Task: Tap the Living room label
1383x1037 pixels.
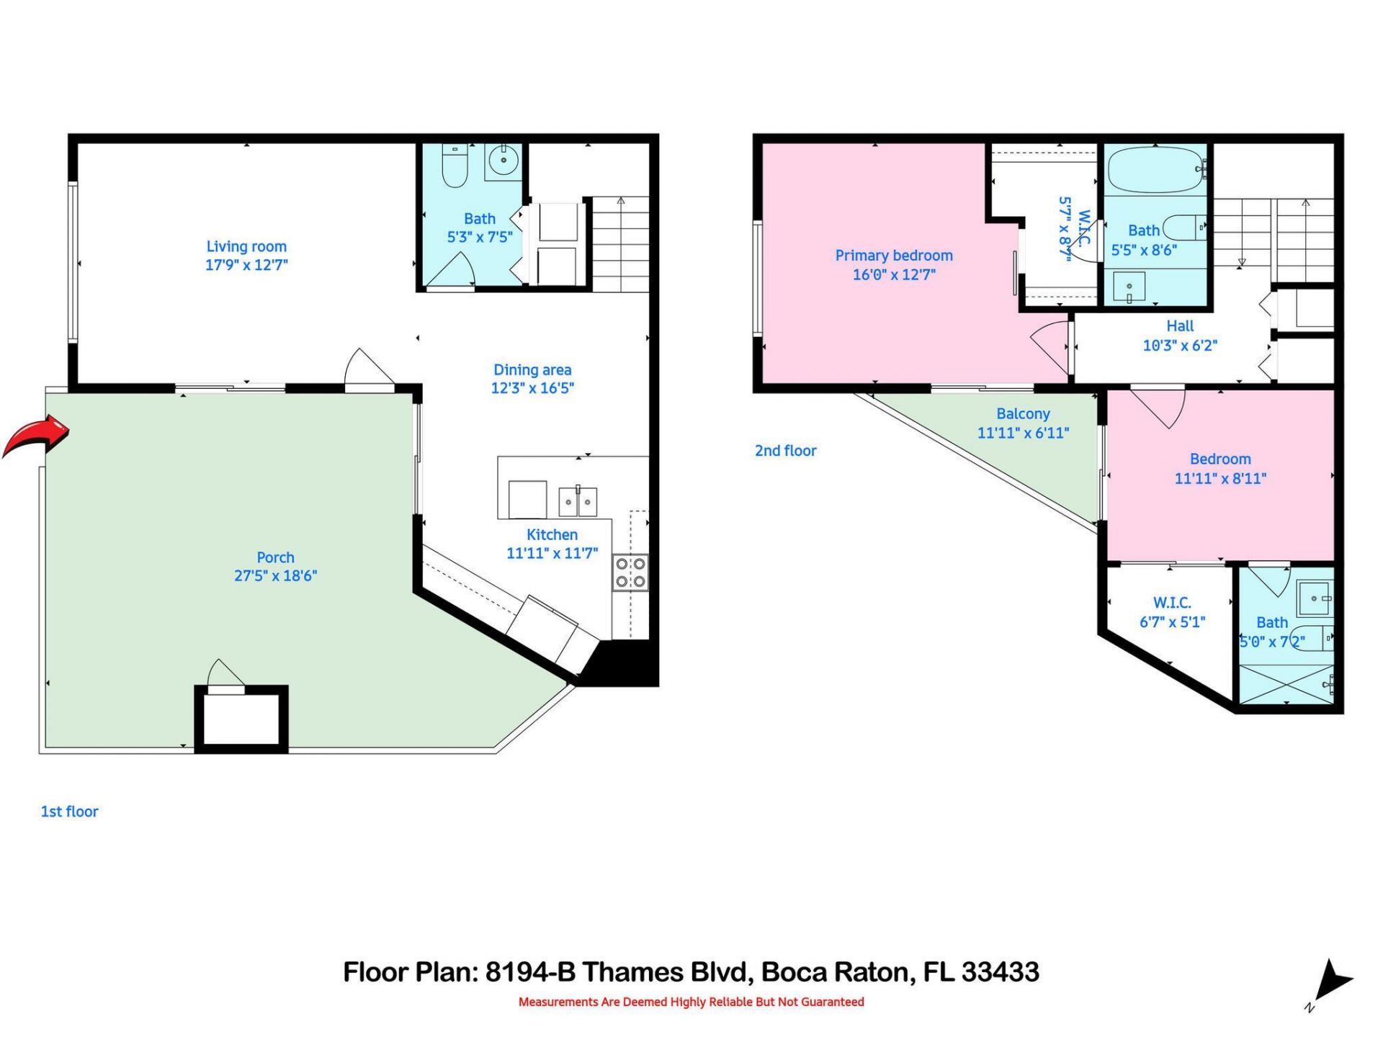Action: (x=246, y=247)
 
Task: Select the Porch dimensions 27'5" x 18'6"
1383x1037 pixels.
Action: (x=275, y=576)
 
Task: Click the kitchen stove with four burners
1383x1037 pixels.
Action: (x=630, y=573)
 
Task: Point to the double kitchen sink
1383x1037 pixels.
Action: (x=578, y=501)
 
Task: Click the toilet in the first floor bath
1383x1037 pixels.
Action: (x=455, y=166)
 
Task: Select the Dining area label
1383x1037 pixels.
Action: (x=532, y=370)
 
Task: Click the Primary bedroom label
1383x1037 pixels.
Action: (x=893, y=256)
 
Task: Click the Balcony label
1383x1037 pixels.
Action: (x=1023, y=414)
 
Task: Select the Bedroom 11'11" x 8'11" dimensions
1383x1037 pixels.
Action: (x=1220, y=478)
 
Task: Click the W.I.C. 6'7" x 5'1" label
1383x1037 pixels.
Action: (x=1172, y=612)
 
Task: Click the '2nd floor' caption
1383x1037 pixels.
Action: (x=785, y=451)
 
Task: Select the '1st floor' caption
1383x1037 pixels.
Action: (x=69, y=812)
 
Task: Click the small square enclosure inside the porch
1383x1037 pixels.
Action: (x=241, y=719)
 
